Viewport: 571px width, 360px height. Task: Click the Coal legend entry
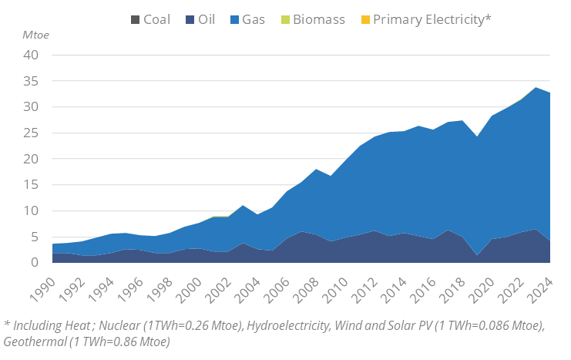(149, 19)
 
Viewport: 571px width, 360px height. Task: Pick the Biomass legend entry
(310, 19)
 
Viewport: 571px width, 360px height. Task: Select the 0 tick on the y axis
(35, 263)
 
